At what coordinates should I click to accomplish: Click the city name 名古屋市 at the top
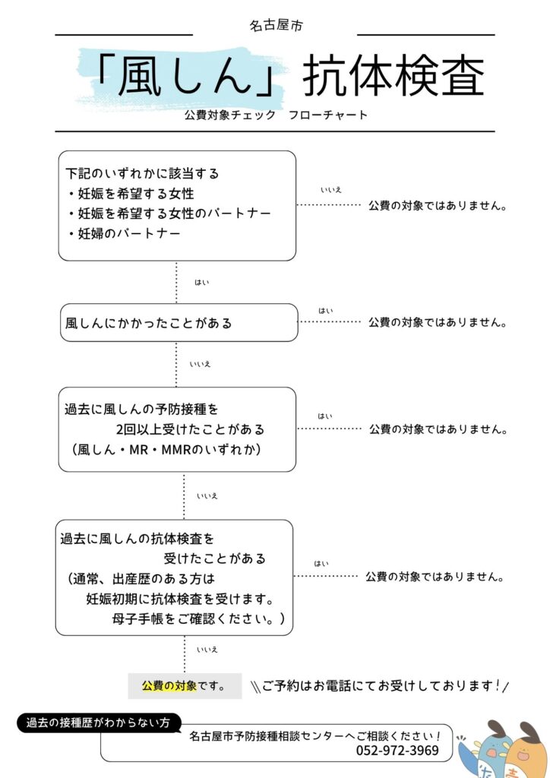[x=276, y=26]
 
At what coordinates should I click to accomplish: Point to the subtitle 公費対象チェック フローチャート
[x=275, y=115]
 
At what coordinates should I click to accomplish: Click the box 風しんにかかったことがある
[x=149, y=323]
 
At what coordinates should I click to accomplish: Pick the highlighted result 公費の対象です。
[x=184, y=686]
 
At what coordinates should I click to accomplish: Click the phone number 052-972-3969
[x=397, y=751]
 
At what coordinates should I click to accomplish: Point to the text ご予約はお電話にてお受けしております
[x=380, y=686]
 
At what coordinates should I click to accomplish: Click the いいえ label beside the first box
[x=330, y=190]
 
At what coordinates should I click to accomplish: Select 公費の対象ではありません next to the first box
[x=438, y=205]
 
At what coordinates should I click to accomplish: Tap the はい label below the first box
[x=201, y=283]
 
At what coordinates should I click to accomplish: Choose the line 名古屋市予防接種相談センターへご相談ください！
[x=316, y=736]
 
